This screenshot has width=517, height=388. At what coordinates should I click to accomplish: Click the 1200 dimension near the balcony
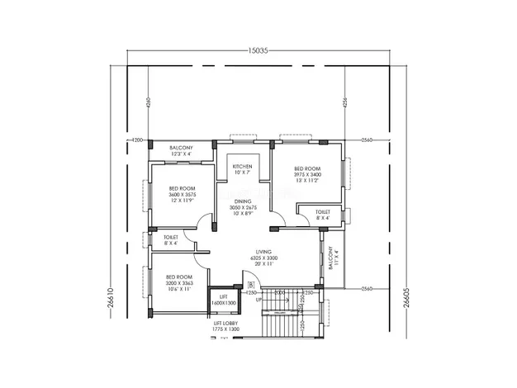[x=137, y=140]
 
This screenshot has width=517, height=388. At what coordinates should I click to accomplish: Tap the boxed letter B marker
[x=250, y=286]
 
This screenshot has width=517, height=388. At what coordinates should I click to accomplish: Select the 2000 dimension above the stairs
[x=279, y=292]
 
